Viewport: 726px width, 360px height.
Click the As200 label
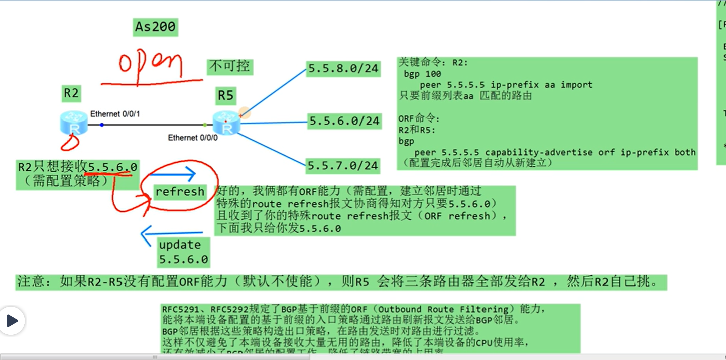coord(155,27)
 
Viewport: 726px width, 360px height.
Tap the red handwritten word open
coord(150,65)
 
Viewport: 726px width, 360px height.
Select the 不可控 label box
coord(229,66)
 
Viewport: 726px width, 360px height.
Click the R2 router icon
coord(74,123)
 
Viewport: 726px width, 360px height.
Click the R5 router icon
coord(226,124)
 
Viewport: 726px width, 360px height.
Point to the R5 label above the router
coord(225,95)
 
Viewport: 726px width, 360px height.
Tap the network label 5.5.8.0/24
coord(343,68)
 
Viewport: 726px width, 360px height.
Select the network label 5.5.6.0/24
coord(344,121)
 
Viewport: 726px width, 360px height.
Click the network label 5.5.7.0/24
coord(343,165)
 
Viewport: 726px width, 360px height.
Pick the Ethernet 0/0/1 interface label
coord(115,114)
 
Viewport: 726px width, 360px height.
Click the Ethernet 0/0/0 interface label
coord(193,138)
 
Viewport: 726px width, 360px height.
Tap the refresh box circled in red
coord(180,192)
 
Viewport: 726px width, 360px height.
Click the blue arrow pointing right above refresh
coord(172,174)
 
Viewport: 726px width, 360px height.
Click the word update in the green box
coord(180,245)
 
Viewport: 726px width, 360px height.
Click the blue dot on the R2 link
coord(102,125)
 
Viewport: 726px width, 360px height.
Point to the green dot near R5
coord(205,125)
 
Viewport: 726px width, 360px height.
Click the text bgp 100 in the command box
coord(422,74)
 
